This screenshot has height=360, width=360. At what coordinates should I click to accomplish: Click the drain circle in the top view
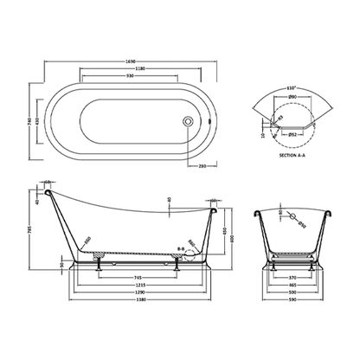[x=184, y=122]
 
